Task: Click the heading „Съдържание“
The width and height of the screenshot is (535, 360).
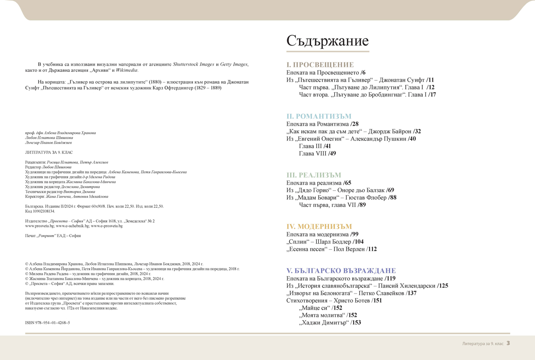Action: click(327, 41)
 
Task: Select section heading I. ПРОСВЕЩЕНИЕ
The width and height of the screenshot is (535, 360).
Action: click(320, 65)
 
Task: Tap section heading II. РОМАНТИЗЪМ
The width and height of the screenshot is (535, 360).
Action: click(319, 116)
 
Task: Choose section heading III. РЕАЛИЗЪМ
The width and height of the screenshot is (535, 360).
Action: click(313, 175)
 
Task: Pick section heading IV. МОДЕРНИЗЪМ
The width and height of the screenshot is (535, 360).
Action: click(319, 227)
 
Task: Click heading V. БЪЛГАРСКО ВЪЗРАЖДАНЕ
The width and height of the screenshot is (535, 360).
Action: click(341, 271)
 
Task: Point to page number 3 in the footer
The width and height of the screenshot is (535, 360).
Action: click(508, 343)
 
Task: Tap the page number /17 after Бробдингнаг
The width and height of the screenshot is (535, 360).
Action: click(432, 95)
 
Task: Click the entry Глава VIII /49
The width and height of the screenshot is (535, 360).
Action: click(317, 153)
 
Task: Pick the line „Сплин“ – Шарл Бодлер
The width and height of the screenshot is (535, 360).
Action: click(325, 242)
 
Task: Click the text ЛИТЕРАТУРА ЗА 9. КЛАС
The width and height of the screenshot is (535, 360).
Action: click(45, 152)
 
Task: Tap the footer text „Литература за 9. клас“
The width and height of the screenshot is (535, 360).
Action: click(482, 344)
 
